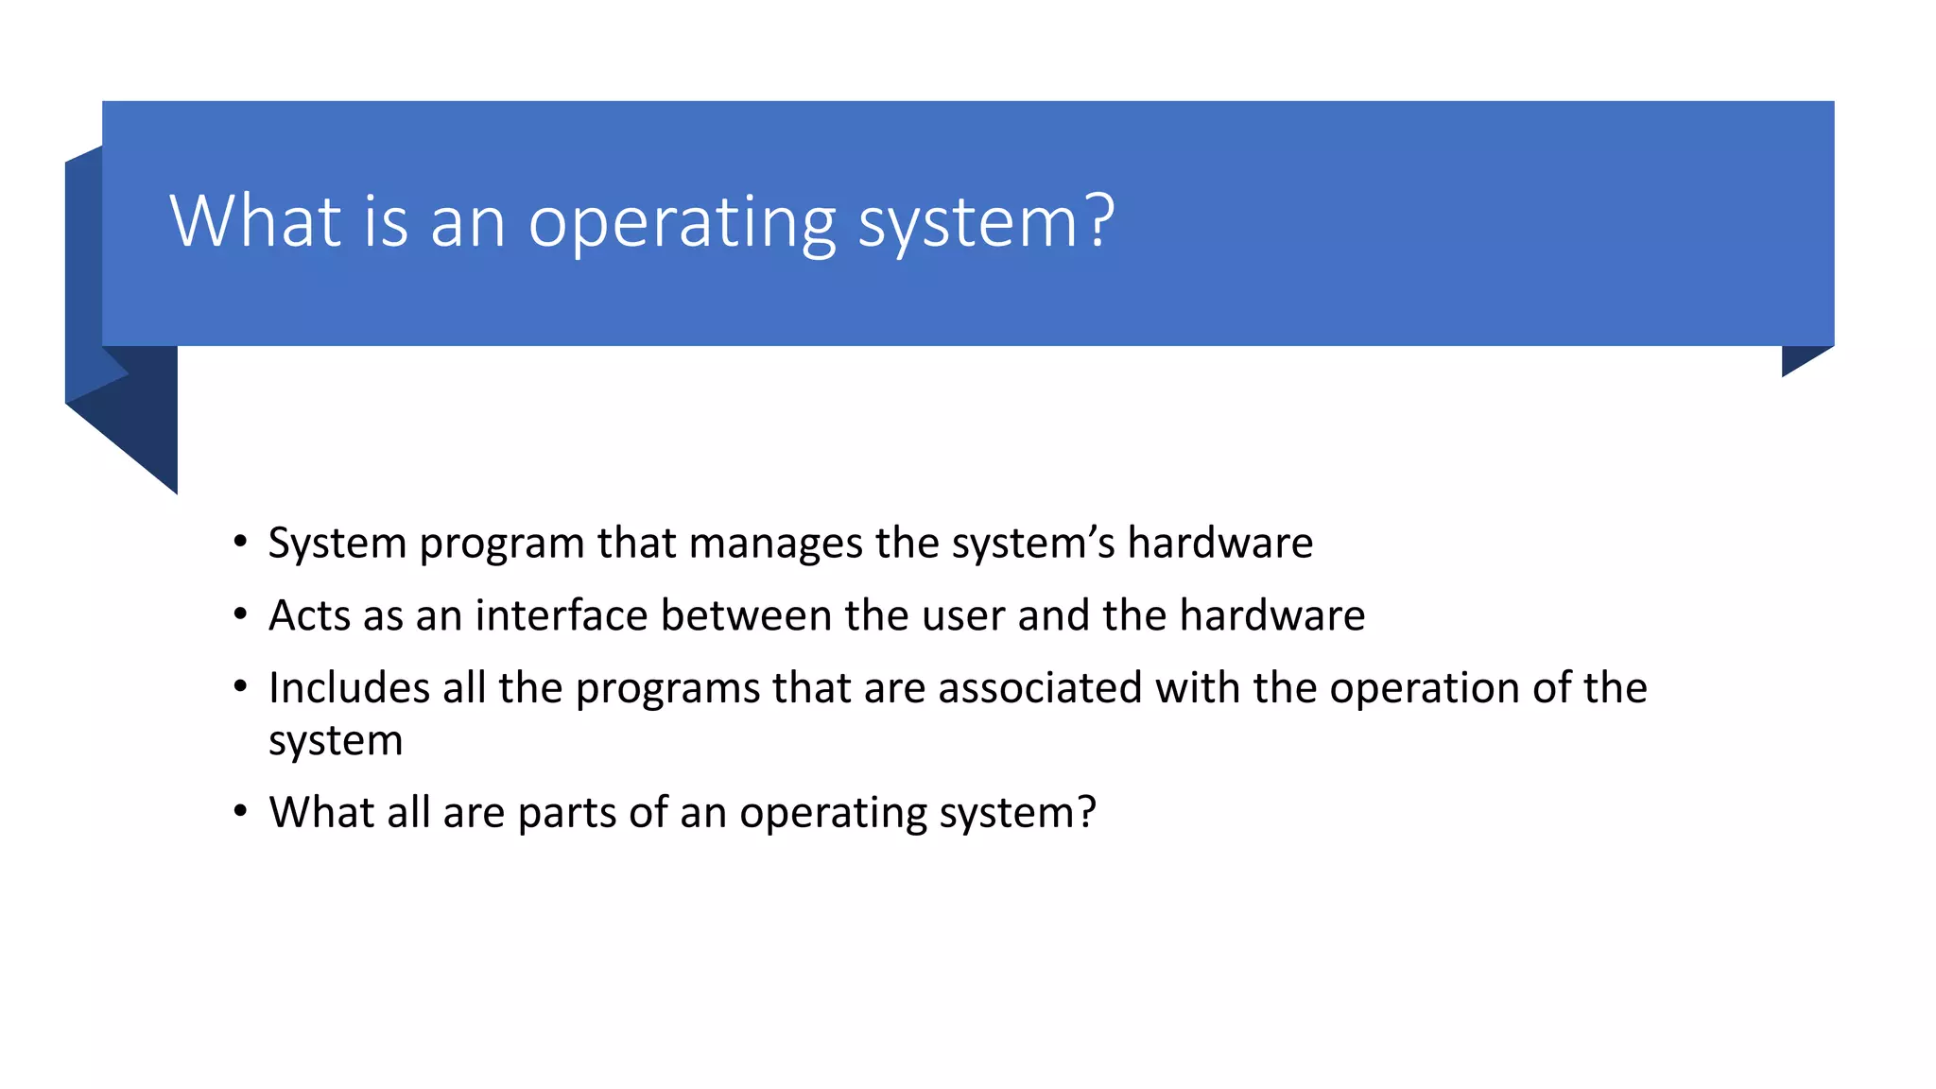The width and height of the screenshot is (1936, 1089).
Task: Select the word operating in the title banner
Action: pyautogui.click(x=682, y=223)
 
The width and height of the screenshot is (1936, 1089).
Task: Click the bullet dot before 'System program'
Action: pyautogui.click(x=241, y=543)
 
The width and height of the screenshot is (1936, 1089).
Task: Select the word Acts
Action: pyautogui.click(x=310, y=615)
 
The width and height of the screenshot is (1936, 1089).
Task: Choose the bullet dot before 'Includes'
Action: pyautogui.click(x=241, y=687)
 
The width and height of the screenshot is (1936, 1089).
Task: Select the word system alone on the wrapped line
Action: pyautogui.click(x=336, y=740)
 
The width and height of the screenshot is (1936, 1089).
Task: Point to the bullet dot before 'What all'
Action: pyautogui.click(x=241, y=812)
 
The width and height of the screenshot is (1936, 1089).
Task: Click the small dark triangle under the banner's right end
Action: pyautogui.click(x=1799, y=358)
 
